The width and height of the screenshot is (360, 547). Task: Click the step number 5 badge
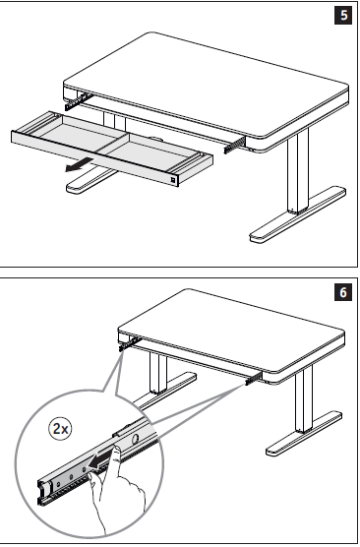343,16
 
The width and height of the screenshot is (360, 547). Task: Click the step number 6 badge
343,292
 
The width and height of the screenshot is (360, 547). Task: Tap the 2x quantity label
60,428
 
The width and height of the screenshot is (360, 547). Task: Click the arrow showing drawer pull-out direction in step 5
79,164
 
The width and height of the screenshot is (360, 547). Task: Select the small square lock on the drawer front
173,180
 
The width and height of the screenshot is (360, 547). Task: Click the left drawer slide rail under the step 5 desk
79,100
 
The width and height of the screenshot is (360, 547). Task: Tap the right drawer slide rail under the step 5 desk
234,145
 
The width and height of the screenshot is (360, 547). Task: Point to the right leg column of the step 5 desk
298,171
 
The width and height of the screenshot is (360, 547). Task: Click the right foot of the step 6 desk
304,434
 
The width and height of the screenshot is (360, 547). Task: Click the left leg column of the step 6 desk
158,373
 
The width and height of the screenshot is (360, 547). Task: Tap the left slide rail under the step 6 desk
130,343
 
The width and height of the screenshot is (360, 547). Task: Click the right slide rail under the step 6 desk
254,379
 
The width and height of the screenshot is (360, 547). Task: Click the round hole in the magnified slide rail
136,439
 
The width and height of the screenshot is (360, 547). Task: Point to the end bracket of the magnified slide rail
42,492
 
